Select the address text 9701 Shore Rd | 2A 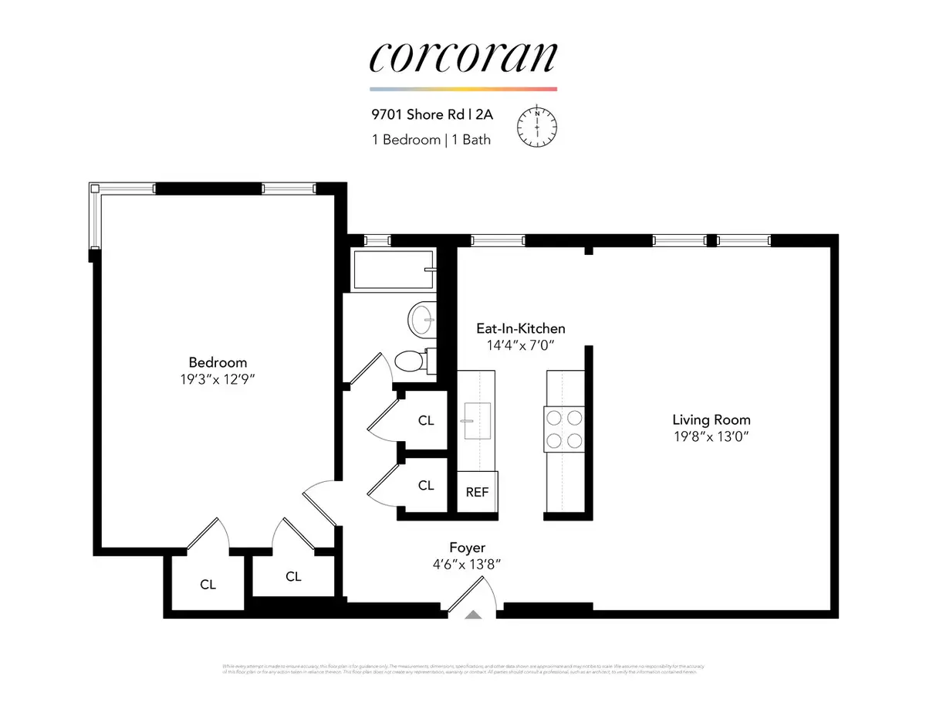[431, 116]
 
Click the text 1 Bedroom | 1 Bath [430, 140]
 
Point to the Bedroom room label [218, 362]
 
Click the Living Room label [711, 420]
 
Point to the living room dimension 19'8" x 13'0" [711, 437]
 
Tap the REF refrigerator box [477, 491]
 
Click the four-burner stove [564, 429]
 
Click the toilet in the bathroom [410, 360]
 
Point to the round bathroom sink [421, 317]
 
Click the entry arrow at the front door [474, 615]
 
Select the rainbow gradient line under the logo [463, 89]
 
